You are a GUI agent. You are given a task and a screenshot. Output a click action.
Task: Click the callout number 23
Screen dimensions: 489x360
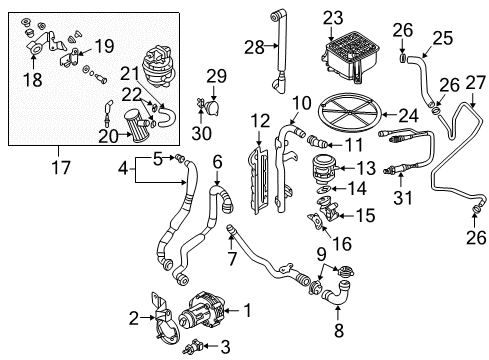[x=333, y=18]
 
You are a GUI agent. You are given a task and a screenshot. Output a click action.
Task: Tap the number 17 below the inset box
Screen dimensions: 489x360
[x=61, y=167]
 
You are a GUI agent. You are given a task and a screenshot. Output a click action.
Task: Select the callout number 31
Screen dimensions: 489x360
[x=403, y=197]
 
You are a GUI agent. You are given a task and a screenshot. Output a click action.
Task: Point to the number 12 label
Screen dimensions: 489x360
[x=261, y=121]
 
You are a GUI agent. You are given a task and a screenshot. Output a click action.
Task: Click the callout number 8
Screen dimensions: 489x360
[x=339, y=330]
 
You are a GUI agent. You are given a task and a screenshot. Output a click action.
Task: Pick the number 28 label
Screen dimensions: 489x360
[x=254, y=47]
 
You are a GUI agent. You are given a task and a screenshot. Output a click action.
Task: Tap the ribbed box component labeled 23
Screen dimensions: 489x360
[x=350, y=58]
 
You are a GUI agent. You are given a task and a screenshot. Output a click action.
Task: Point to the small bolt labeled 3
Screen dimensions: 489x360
[x=192, y=347]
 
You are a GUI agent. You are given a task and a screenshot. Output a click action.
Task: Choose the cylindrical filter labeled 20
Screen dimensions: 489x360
[x=138, y=126]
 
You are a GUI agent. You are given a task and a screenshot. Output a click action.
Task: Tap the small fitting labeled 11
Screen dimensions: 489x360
[x=316, y=141]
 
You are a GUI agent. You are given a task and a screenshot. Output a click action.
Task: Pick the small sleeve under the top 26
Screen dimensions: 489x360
[x=402, y=58]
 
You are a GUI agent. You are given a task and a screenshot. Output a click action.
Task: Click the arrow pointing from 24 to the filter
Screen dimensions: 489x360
[x=389, y=115]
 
